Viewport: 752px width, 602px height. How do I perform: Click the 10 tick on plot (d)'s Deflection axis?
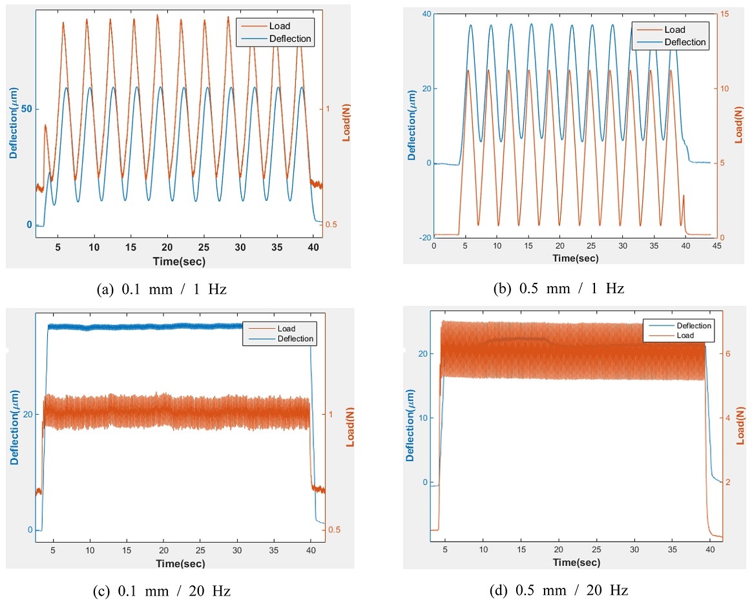[x=423, y=417]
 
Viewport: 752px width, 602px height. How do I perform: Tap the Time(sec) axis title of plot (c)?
[x=180, y=564]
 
